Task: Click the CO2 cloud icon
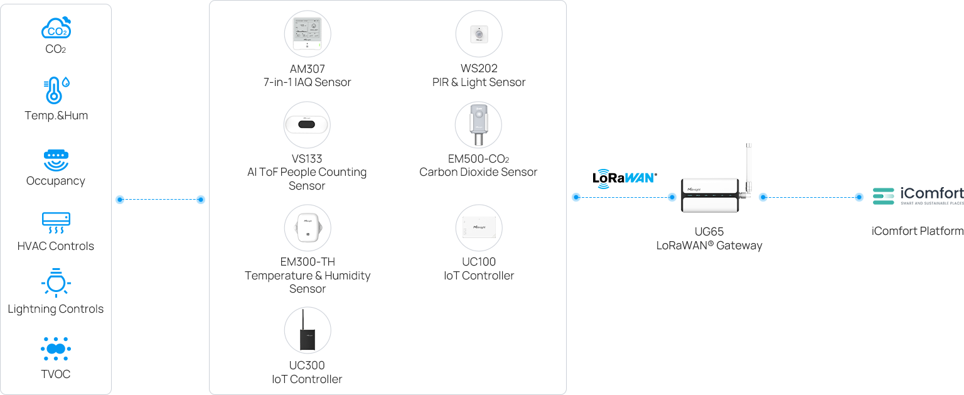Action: click(x=56, y=28)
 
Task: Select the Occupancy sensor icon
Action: click(x=56, y=160)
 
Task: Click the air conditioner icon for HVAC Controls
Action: click(x=56, y=222)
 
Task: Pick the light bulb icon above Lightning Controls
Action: click(x=56, y=283)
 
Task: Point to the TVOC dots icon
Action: click(x=56, y=349)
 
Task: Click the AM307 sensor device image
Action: click(x=307, y=34)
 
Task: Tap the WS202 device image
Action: click(x=479, y=34)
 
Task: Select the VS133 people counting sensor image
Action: click(x=307, y=124)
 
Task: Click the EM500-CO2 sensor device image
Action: click(x=478, y=124)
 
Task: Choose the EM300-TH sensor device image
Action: click(x=307, y=227)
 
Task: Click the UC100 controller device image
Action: click(x=479, y=227)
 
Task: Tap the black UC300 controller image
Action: click(x=307, y=331)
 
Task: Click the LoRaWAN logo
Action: click(x=624, y=177)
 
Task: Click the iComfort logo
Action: click(x=918, y=195)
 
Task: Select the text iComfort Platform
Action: click(x=917, y=231)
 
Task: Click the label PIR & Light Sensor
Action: click(x=479, y=82)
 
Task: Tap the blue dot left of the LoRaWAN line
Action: click(x=576, y=197)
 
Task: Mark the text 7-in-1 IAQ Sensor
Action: click(x=307, y=82)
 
